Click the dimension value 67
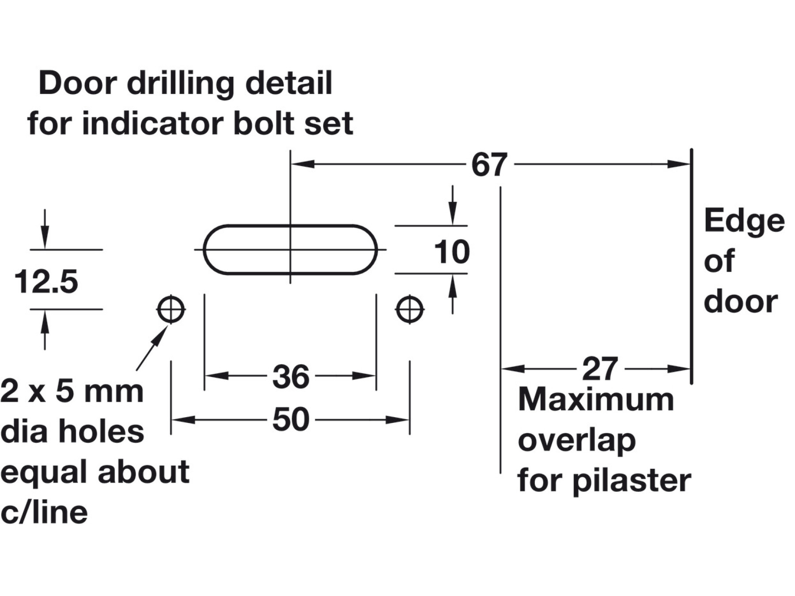tap(489, 165)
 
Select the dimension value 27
tap(599, 369)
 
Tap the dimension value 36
tap(291, 377)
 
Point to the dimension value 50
tap(291, 420)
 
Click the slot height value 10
tap(451, 252)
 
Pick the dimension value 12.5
tap(46, 282)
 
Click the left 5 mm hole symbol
tap(171, 309)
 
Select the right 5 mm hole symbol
tap(410, 309)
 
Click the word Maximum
tap(596, 400)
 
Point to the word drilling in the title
tap(181, 83)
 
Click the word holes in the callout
tap(101, 431)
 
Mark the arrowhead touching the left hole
tap(162, 333)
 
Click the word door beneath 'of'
tap(740, 302)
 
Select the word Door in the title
tap(78, 83)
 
